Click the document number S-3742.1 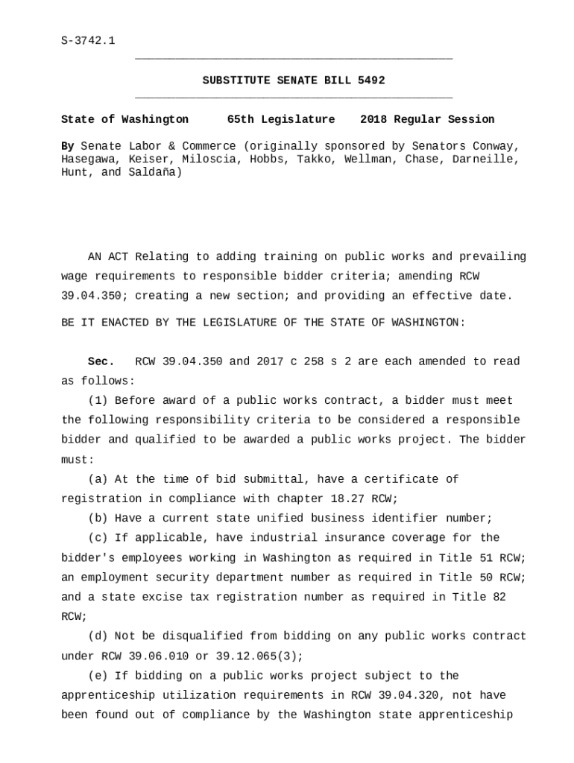point(88,40)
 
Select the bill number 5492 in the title point(371,80)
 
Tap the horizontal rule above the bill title point(294,58)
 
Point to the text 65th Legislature point(281,119)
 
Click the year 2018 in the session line point(373,119)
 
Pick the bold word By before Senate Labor point(68,146)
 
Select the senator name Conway point(497,146)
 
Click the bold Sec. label point(101,361)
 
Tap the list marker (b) point(98,519)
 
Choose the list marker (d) point(98,636)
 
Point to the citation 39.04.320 point(385,695)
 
